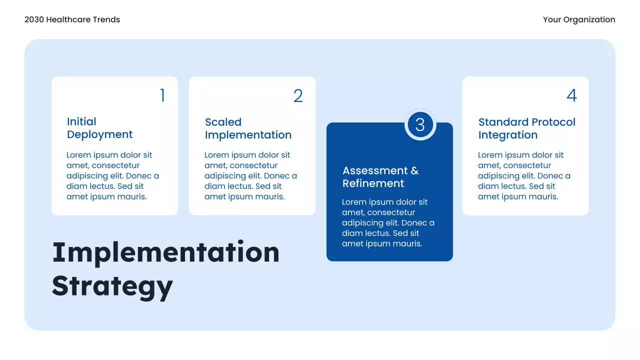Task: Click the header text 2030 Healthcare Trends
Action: pyautogui.click(x=72, y=19)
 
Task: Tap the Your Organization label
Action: pyautogui.click(x=579, y=19)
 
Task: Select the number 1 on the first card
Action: pyautogui.click(x=162, y=95)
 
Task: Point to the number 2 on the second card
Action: pyautogui.click(x=298, y=96)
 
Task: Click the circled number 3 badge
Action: pyautogui.click(x=420, y=124)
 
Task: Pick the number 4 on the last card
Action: pyautogui.click(x=571, y=95)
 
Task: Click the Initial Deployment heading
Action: pyautogui.click(x=99, y=128)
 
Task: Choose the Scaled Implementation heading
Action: pyautogui.click(x=248, y=128)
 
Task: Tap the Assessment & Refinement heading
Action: pyautogui.click(x=380, y=177)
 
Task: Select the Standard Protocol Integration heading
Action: pyautogui.click(x=526, y=128)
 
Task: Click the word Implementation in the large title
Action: pyautogui.click(x=165, y=252)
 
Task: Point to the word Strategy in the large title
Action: pyautogui.click(x=112, y=285)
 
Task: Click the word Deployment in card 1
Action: pyautogui.click(x=99, y=134)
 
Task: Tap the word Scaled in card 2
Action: pyautogui.click(x=223, y=122)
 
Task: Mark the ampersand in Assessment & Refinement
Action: pyautogui.click(x=414, y=171)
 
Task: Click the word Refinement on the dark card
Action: pyautogui.click(x=373, y=183)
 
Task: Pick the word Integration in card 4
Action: pyautogui.click(x=507, y=135)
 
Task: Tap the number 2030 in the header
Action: pyautogui.click(x=34, y=19)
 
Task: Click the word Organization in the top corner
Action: pyautogui.click(x=589, y=19)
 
